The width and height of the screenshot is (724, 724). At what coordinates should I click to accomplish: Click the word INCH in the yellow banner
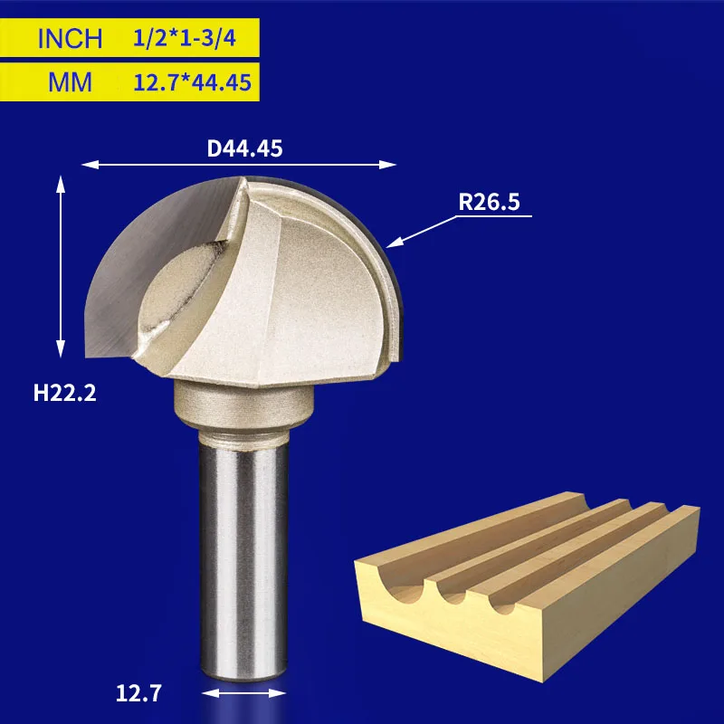70,38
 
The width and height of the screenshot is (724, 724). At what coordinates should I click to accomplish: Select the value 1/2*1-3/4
185,38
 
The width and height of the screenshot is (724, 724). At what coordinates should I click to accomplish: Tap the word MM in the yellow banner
70,82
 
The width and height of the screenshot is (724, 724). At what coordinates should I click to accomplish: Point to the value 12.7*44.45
192,82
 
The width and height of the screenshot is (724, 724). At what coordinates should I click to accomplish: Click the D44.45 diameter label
244,148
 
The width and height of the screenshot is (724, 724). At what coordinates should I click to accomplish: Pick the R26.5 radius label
489,202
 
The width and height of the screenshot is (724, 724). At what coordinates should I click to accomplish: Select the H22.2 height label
64,394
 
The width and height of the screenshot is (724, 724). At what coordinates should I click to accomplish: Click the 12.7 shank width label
138,693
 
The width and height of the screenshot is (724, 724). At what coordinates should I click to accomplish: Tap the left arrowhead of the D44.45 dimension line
90,165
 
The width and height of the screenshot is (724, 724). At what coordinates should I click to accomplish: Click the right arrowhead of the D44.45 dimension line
387,165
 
